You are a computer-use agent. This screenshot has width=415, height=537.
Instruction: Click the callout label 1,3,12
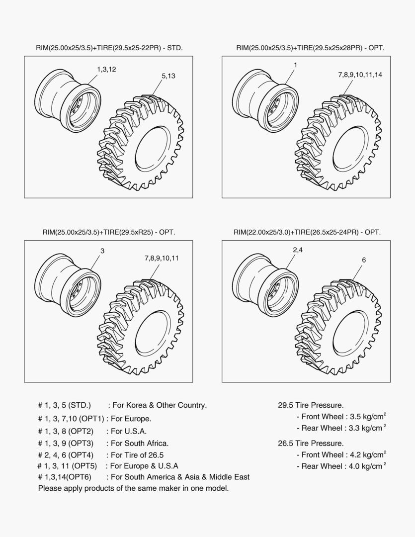pyautogui.click(x=106, y=69)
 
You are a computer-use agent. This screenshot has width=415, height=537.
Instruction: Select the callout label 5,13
pyautogui.click(x=168, y=76)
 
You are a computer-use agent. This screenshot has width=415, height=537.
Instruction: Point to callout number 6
pyautogui.click(x=364, y=260)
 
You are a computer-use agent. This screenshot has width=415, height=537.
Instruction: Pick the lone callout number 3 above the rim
pyautogui.click(x=102, y=251)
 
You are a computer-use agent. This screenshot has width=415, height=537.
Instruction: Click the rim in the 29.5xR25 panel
pyautogui.click(x=67, y=286)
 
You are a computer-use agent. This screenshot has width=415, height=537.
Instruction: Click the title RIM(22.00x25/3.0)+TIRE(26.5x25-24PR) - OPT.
pyautogui.click(x=307, y=232)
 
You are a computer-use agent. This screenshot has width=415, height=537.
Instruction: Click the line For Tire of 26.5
pyautogui.click(x=137, y=455)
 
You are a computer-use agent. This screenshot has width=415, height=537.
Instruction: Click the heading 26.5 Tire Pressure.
pyautogui.click(x=310, y=443)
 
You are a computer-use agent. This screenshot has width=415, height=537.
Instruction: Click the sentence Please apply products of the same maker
pyautogui.click(x=133, y=488)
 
